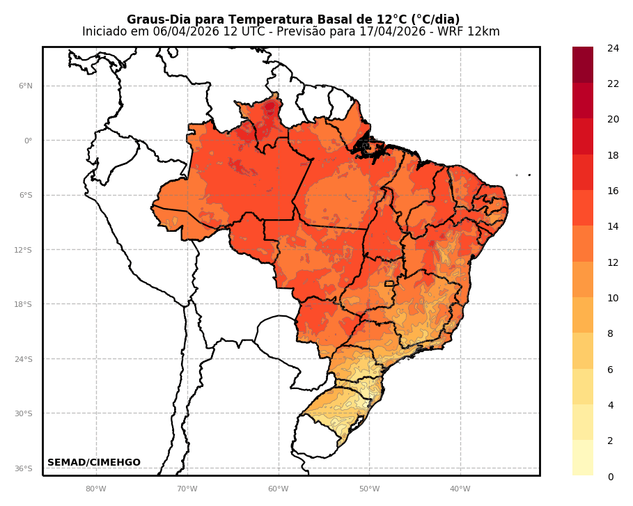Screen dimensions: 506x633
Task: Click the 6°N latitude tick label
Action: pos(25,86)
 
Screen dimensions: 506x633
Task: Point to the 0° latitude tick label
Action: pos(28,141)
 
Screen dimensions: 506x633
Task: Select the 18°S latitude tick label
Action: pos(24,304)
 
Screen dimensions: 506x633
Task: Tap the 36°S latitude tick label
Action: pos(24,468)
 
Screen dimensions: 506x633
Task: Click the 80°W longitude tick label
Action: pos(96,489)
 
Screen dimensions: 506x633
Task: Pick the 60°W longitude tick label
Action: pos(278,489)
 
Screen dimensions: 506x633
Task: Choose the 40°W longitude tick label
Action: pos(460,489)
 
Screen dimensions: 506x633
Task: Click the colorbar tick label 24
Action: pos(613,48)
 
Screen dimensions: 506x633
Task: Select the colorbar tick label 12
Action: pos(613,262)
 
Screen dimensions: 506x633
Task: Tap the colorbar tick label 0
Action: pos(611,477)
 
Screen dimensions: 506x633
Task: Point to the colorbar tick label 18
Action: pos(613,155)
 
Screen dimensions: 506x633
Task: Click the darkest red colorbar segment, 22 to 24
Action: pos(583,65)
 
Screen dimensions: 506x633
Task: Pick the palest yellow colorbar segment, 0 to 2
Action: pos(583,458)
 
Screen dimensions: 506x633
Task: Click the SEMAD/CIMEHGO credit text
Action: pos(94,463)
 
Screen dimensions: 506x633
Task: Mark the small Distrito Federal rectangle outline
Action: pos(389,284)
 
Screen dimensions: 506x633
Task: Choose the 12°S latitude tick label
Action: pos(24,250)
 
